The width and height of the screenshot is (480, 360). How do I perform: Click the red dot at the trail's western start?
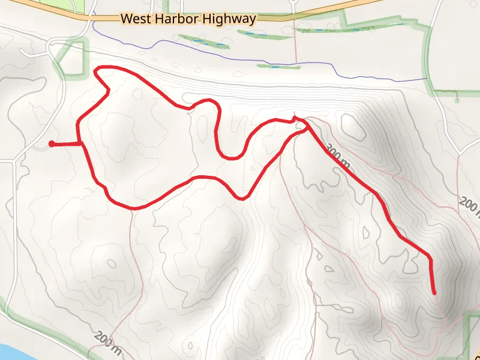coord(52,143)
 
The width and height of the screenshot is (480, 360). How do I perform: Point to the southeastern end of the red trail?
coord(434,293)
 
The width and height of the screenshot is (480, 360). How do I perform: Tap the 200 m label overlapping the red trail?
coord(339,155)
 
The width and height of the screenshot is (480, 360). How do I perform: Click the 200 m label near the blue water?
coord(109,343)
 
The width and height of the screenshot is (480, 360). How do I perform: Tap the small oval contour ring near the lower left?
coord(111,263)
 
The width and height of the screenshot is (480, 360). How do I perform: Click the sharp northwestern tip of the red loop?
coord(97,71)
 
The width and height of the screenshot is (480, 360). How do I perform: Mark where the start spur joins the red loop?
coord(80,143)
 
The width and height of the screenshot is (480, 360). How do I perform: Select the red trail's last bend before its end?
coord(429,257)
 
